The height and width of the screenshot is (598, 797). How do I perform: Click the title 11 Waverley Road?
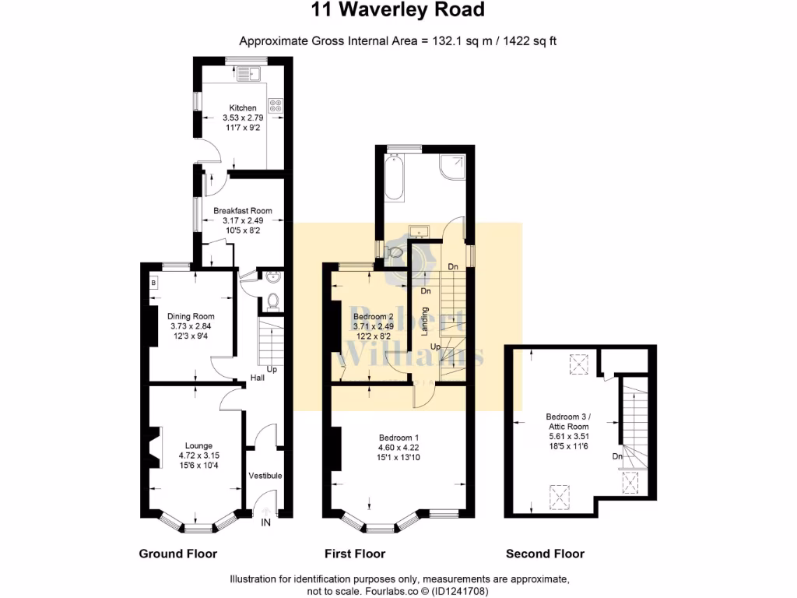point(398,10)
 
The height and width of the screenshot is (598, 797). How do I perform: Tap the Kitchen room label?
point(242,107)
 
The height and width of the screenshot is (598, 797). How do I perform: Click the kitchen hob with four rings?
point(276,104)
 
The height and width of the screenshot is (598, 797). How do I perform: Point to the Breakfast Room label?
point(243,210)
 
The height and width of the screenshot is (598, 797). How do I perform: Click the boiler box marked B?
point(153,283)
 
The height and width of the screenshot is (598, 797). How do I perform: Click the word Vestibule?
point(265,476)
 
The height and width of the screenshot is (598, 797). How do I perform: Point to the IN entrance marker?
point(265,522)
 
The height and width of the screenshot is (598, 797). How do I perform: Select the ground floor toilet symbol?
point(272,301)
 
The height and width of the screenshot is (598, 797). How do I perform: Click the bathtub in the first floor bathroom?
point(391,176)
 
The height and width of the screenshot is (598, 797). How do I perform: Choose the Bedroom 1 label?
point(398,437)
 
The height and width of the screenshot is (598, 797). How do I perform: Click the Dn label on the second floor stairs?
point(616,456)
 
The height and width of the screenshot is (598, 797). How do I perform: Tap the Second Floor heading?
point(545,554)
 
